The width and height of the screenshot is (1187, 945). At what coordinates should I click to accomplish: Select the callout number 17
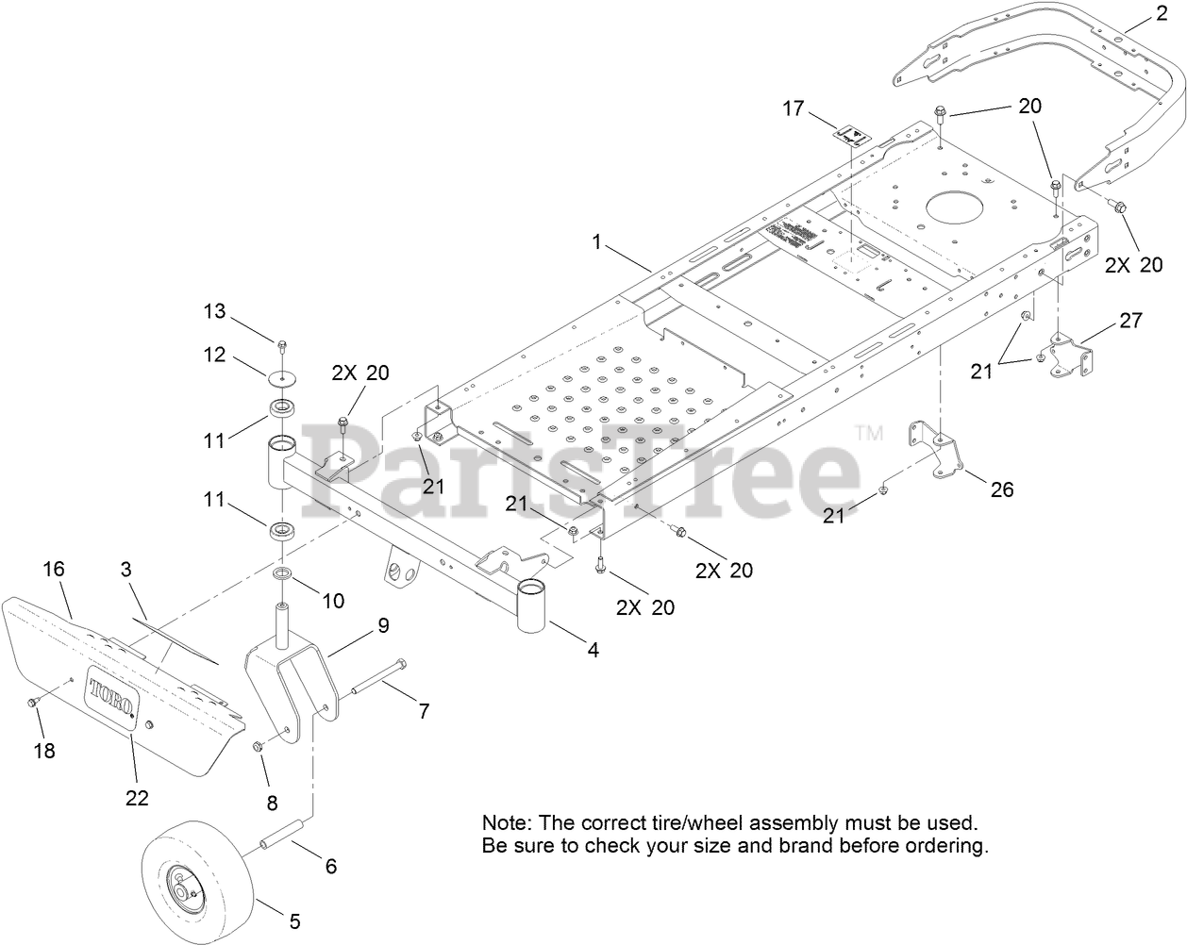pyautogui.click(x=793, y=108)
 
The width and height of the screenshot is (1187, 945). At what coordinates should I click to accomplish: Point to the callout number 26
pyautogui.click(x=1001, y=489)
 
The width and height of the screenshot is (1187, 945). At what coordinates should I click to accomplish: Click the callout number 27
pyautogui.click(x=1130, y=321)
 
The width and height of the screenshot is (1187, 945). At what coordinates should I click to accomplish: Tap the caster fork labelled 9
pyautogui.click(x=289, y=684)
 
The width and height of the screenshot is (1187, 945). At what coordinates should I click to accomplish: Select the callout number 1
pyautogui.click(x=596, y=241)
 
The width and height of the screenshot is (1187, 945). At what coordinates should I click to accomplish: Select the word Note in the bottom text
pyautogui.click(x=503, y=822)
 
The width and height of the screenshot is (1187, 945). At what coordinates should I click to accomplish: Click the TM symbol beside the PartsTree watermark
pyautogui.click(x=868, y=433)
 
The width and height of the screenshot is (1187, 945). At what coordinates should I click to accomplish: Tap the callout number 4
pyautogui.click(x=592, y=649)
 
